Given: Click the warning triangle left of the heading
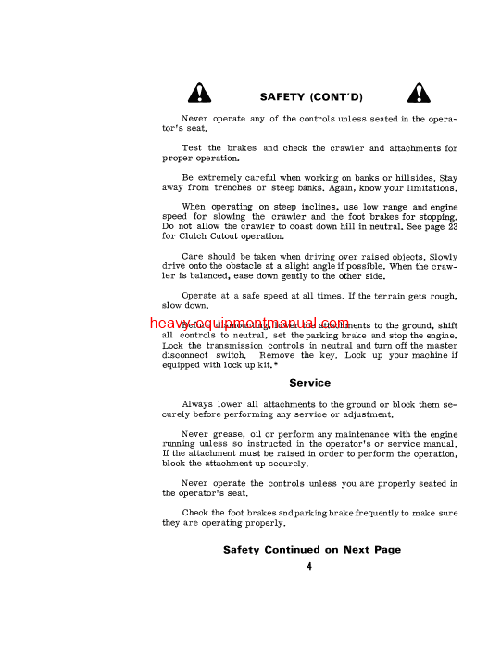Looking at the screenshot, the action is (199, 93).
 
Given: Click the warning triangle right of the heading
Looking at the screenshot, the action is (418, 93).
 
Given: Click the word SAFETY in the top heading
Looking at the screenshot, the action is (282, 96).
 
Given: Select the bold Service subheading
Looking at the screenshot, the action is (310, 382).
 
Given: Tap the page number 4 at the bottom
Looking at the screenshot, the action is (308, 567).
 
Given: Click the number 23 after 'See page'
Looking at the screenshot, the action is (449, 225).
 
